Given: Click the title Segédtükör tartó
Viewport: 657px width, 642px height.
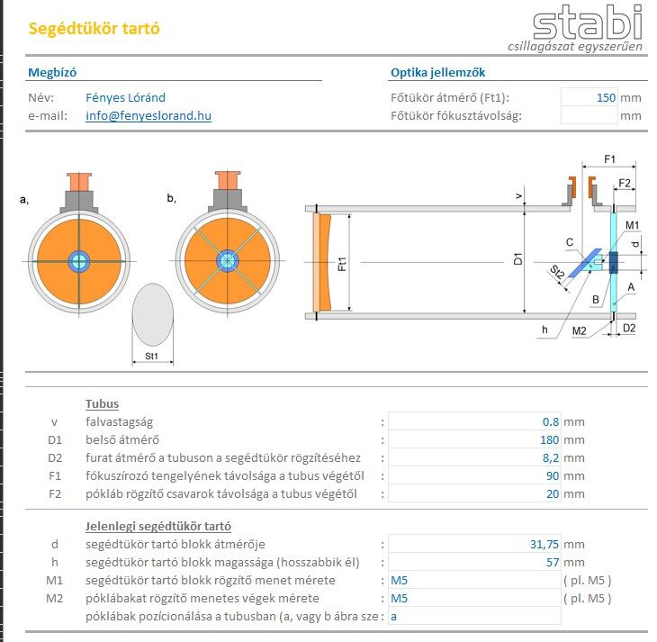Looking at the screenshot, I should [94, 28].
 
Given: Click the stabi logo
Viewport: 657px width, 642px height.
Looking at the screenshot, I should [586, 23].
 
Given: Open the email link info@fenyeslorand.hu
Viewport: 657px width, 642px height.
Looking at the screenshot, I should [148, 115].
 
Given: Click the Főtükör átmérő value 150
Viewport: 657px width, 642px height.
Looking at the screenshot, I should [606, 97].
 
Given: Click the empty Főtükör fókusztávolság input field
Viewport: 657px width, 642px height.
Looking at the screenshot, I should [589, 115].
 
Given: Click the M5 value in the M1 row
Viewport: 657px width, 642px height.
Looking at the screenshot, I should [400, 580].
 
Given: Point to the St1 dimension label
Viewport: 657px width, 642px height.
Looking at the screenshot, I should [151, 356].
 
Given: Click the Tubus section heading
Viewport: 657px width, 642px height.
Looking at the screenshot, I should [102, 403].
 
